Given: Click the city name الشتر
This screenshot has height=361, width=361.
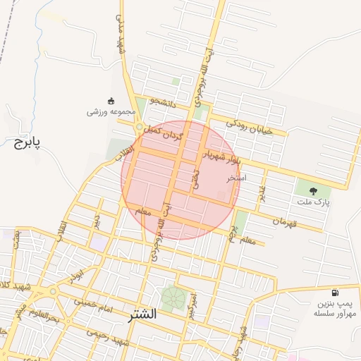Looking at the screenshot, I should pos(140,315).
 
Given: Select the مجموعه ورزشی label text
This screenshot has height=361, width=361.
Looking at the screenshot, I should pos(109,112).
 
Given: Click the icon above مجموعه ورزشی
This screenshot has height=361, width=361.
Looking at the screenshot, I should pos(109,100).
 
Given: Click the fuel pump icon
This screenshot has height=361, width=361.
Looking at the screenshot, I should pos(334,293).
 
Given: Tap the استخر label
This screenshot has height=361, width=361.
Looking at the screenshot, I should pos(236,178).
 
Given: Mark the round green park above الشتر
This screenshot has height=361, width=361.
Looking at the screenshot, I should pos(172,297).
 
